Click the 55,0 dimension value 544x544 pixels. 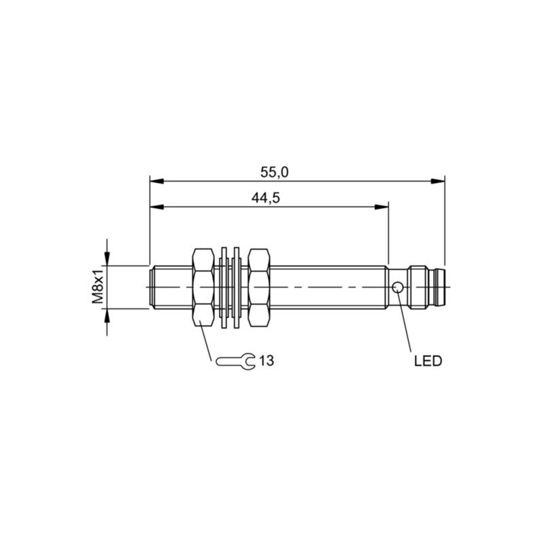click(274, 173)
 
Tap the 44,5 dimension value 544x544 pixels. click(265, 198)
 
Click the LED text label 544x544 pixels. click(428, 361)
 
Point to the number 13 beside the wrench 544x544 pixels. click(267, 361)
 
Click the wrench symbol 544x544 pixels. click(235, 361)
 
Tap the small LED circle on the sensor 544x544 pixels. click(398, 287)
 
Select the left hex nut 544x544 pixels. click(203, 288)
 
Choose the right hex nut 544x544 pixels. click(260, 288)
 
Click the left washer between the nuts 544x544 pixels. click(224, 288)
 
